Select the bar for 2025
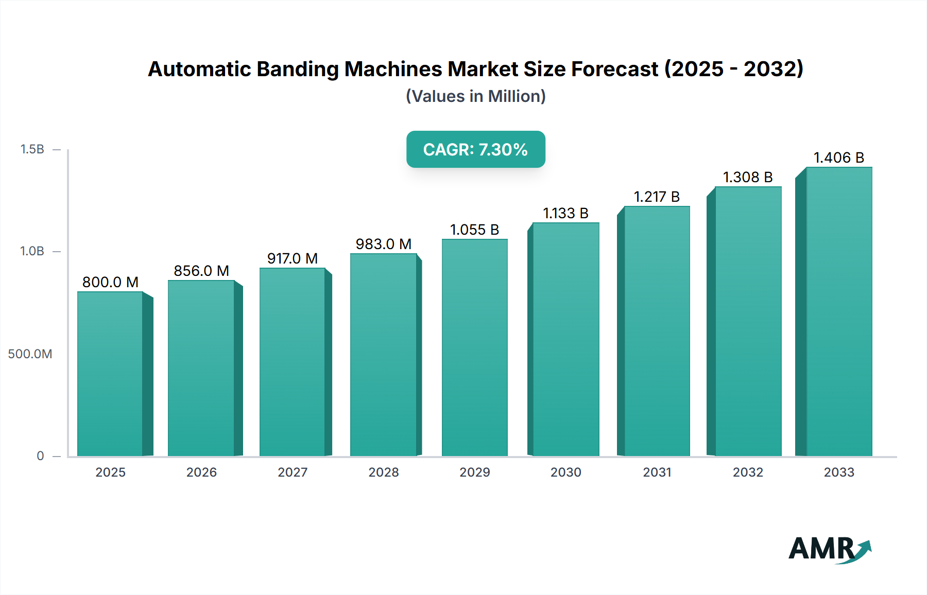(x=110, y=374)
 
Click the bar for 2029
(x=474, y=347)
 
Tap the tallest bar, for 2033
(x=839, y=311)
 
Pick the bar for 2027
(x=292, y=362)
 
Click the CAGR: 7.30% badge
(x=475, y=149)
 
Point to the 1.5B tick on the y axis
(x=32, y=149)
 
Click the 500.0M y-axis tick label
(x=30, y=354)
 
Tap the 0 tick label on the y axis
(x=40, y=456)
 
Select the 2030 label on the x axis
(x=565, y=472)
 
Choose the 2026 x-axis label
(x=201, y=472)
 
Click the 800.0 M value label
(x=110, y=282)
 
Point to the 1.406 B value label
(x=838, y=157)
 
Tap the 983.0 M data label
(x=384, y=244)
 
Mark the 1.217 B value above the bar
(x=657, y=197)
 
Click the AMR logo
(x=829, y=549)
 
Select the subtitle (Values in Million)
(x=475, y=96)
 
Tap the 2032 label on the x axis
(x=748, y=472)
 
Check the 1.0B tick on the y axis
(x=32, y=251)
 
